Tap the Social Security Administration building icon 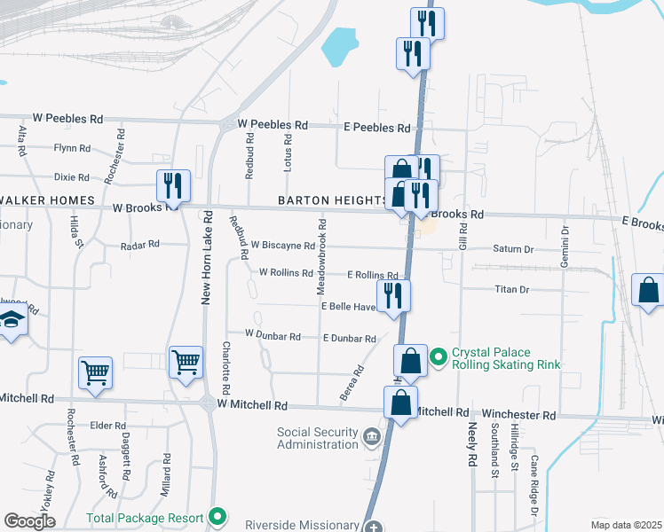click(371, 435)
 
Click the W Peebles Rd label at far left click(68, 117)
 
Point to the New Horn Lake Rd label click(207, 258)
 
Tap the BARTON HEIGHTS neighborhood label click(333, 200)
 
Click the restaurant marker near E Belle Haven click(393, 295)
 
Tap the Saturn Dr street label click(515, 250)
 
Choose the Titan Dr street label click(511, 289)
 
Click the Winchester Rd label click(518, 414)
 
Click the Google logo click(29, 521)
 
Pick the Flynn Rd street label click(72, 148)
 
